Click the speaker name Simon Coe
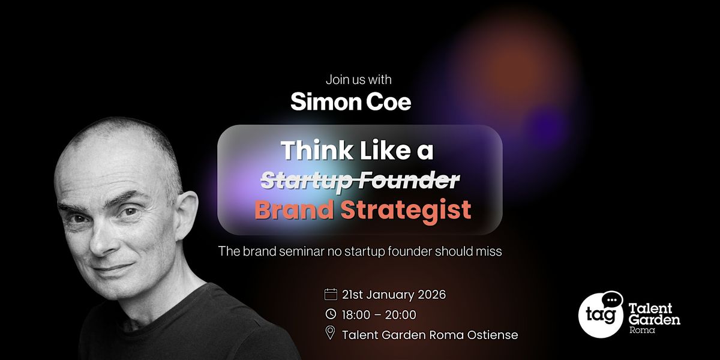click(350, 102)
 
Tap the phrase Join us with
click(359, 80)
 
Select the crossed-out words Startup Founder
click(361, 181)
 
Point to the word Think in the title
click(317, 150)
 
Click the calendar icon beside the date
click(331, 294)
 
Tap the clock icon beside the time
click(331, 314)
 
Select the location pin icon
click(331, 333)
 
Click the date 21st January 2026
click(394, 295)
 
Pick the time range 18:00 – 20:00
click(379, 314)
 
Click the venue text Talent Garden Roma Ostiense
click(430, 335)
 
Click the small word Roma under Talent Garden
click(642, 330)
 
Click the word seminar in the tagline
click(302, 251)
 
